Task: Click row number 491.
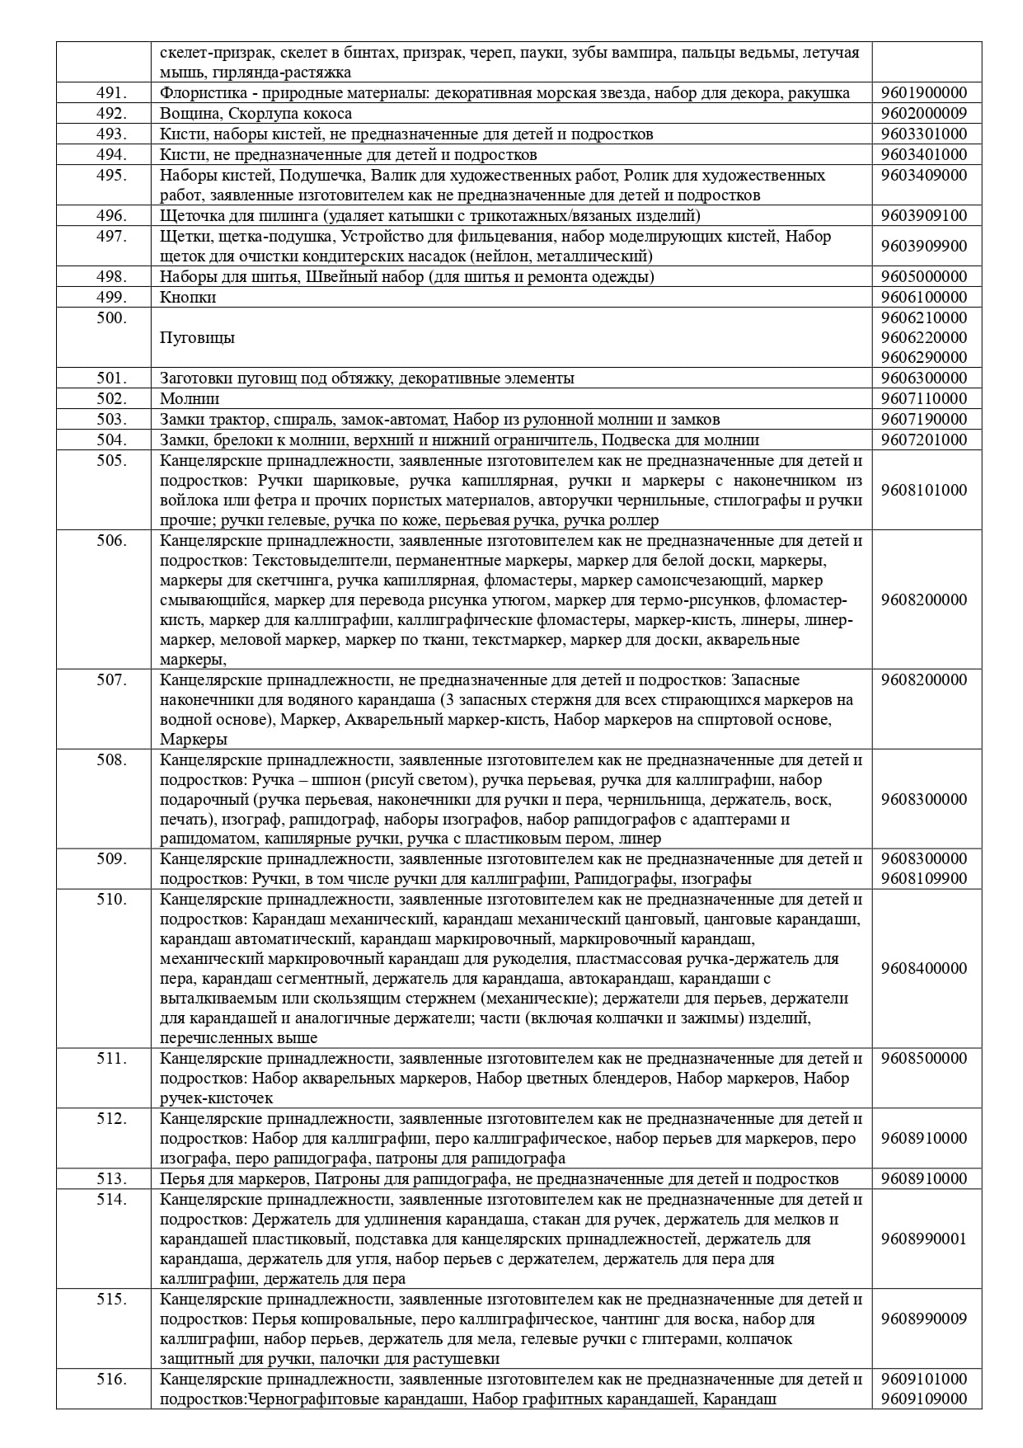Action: click(111, 93)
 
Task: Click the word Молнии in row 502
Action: click(190, 399)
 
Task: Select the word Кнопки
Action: click(188, 298)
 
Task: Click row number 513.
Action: click(111, 1179)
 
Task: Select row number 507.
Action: click(111, 680)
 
